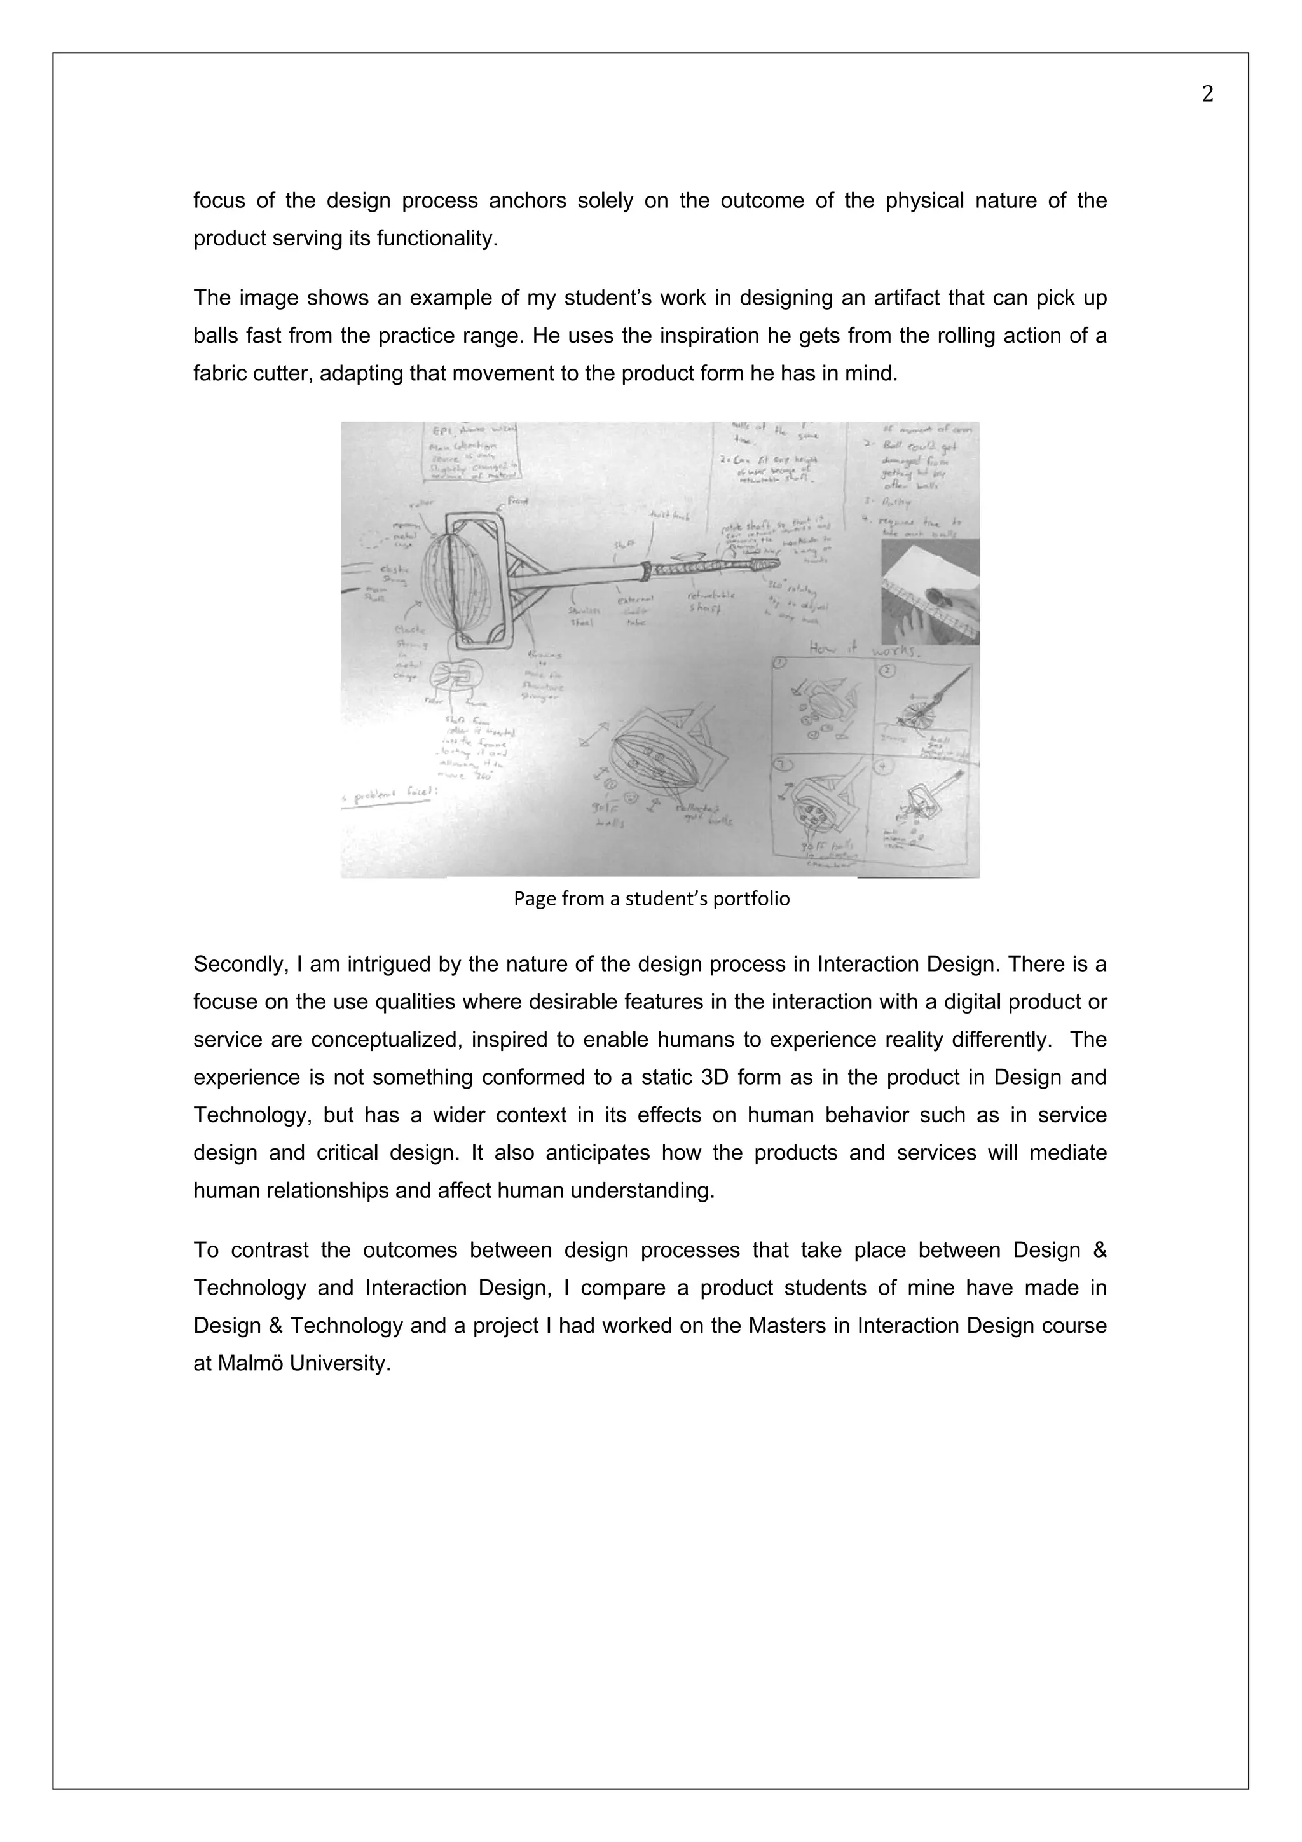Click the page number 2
pyautogui.click(x=1207, y=95)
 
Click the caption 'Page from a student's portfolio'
pyautogui.click(x=652, y=898)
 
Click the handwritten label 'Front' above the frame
pyautogui.click(x=517, y=502)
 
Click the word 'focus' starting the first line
pyautogui.click(x=219, y=200)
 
